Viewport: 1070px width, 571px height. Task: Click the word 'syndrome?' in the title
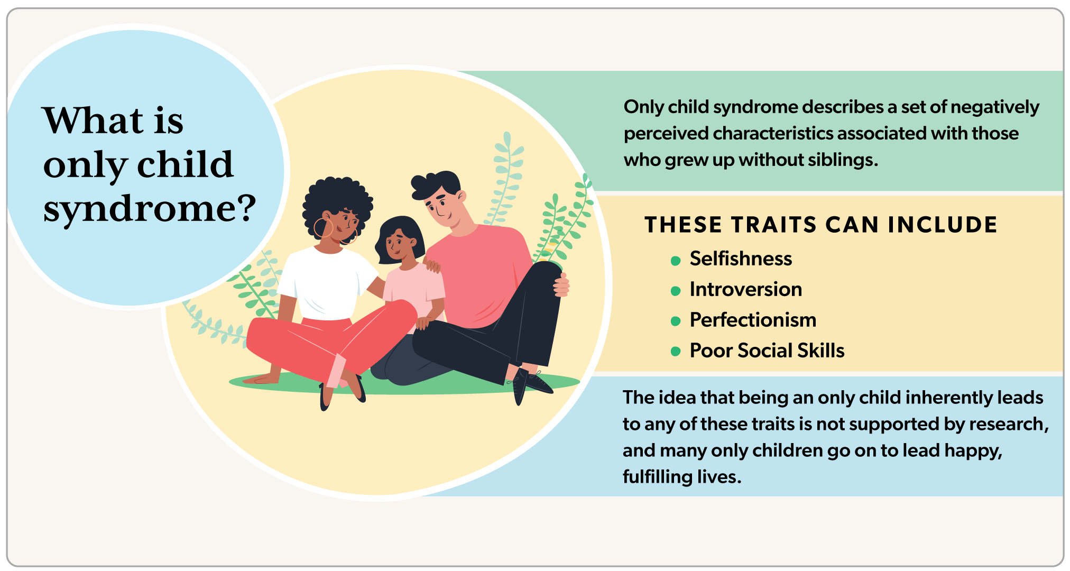(x=150, y=208)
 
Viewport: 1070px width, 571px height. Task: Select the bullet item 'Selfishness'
(x=741, y=259)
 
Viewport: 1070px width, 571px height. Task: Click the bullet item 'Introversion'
(x=745, y=289)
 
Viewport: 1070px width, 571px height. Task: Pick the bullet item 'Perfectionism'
(x=753, y=320)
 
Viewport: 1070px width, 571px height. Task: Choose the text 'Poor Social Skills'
(x=767, y=351)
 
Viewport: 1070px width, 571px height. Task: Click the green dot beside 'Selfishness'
(x=675, y=260)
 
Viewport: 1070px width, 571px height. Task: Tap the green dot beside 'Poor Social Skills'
(x=675, y=352)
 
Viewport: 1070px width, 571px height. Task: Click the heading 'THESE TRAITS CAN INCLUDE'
(x=820, y=225)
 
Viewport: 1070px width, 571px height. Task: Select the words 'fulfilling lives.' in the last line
(x=681, y=477)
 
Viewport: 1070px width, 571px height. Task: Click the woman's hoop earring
(x=322, y=228)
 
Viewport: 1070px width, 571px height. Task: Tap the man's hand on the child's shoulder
(x=432, y=264)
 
